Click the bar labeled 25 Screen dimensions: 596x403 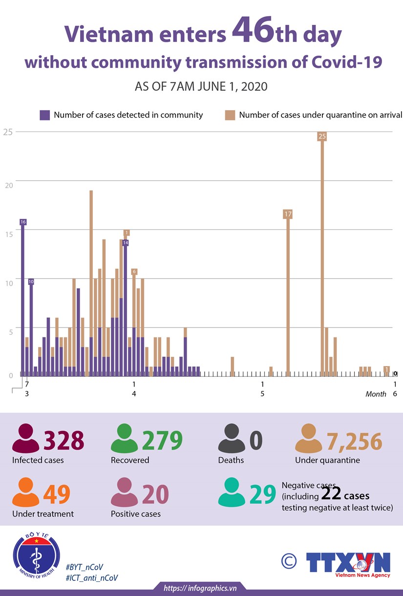[x=322, y=254]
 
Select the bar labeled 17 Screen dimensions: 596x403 [x=288, y=293]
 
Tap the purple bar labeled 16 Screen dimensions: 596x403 [x=22, y=298]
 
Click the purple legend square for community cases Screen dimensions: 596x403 [x=45, y=115]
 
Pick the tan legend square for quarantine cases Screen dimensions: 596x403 [x=230, y=115]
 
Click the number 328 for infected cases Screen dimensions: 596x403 [x=64, y=440]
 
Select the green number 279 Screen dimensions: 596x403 [x=162, y=440]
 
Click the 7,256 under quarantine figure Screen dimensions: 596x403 [x=355, y=440]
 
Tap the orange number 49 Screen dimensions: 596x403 [x=57, y=494]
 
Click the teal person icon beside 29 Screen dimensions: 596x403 [x=232, y=493]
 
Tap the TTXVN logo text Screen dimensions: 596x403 [x=348, y=562]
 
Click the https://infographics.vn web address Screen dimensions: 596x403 [x=200, y=588]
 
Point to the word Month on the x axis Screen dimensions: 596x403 [x=376, y=394]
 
